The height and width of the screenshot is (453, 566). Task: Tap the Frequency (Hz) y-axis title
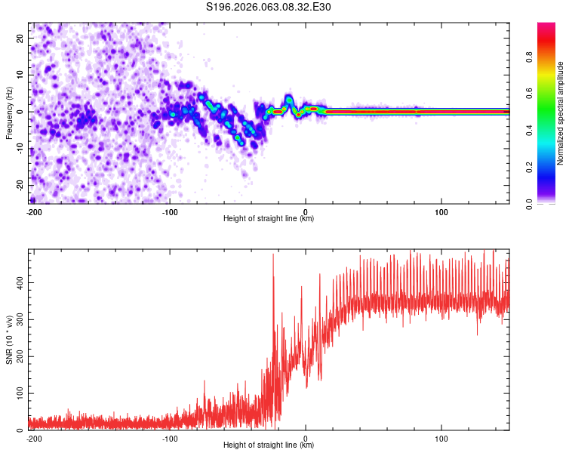[9, 112]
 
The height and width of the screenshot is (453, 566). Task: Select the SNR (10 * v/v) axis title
[9, 340]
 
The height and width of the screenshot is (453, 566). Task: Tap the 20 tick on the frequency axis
[21, 38]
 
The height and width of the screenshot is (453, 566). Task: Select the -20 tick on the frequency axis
[21, 185]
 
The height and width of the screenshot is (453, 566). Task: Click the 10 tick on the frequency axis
[21, 75]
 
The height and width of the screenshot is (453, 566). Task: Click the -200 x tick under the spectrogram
[33, 211]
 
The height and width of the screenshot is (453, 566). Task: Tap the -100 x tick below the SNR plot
[170, 438]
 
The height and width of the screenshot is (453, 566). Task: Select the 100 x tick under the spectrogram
[441, 211]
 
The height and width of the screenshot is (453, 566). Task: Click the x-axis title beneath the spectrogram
[269, 219]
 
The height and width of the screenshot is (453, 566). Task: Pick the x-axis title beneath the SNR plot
[269, 445]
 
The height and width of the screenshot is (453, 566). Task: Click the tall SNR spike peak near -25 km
[273, 255]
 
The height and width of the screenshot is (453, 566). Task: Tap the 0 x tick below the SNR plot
[306, 438]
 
